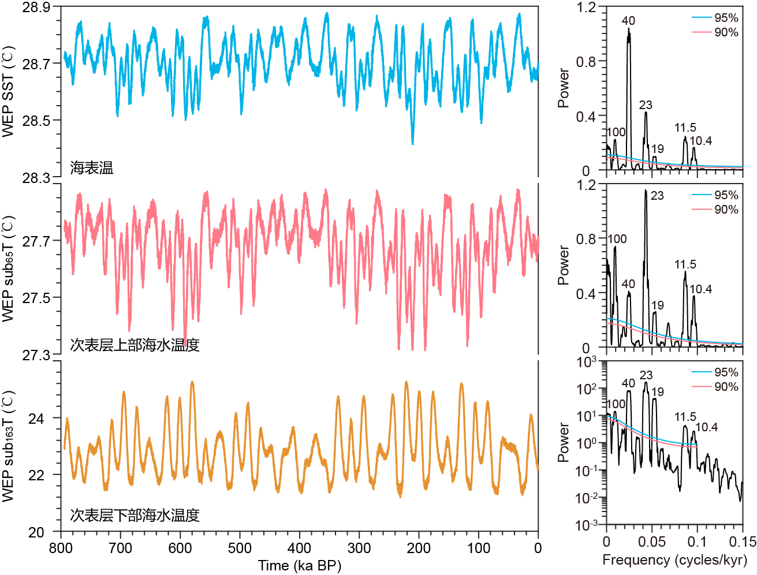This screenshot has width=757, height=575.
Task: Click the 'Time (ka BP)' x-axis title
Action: [x=299, y=565]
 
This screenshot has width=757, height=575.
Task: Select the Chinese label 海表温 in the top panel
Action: [x=92, y=168]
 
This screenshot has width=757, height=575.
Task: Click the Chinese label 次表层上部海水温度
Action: [x=135, y=345]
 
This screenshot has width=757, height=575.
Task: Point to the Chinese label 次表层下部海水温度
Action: [x=135, y=515]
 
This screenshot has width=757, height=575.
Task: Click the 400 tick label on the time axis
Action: [x=299, y=548]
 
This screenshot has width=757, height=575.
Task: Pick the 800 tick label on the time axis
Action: [x=61, y=548]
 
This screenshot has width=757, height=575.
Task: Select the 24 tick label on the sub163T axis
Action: [x=36, y=418]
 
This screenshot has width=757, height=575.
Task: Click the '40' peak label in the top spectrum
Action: [x=628, y=21]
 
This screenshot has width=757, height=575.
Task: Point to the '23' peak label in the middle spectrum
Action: [x=657, y=196]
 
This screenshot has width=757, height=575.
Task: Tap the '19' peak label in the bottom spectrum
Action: [x=658, y=392]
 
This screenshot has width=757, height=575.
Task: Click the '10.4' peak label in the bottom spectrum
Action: [x=706, y=427]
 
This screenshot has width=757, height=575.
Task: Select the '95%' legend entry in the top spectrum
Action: [x=726, y=18]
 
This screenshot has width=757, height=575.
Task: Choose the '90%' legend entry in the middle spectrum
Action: [x=726, y=210]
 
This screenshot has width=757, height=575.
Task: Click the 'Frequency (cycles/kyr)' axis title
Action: [x=674, y=559]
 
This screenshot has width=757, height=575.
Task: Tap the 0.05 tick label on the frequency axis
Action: [x=651, y=542]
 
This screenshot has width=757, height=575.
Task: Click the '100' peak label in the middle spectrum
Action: [x=617, y=239]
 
